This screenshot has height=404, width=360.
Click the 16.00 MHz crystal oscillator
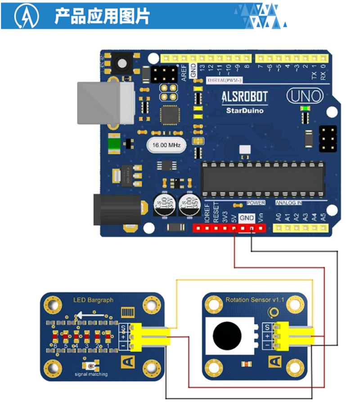166,146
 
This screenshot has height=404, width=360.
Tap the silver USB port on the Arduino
105,103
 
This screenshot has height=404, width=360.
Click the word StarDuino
245,110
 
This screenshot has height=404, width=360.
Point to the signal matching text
91,374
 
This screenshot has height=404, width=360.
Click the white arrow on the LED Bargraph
90,315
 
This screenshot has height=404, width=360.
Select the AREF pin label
184,72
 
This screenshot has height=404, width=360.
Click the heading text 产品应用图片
102,16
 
